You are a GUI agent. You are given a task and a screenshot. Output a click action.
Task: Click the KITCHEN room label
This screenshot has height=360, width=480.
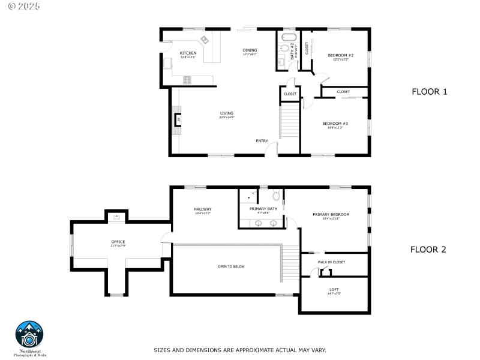tap(188, 53)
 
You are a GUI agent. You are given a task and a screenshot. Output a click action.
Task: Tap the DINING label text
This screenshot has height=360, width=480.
tap(250, 50)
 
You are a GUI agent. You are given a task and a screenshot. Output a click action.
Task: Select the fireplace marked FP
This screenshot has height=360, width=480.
tap(178, 119)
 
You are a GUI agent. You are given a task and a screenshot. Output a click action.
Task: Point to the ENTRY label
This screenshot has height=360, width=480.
tap(262, 141)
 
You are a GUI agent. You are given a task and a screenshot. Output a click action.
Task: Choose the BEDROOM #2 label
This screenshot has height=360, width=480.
tap(340, 55)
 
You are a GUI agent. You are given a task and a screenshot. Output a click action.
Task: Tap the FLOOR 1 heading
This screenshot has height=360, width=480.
tap(429, 92)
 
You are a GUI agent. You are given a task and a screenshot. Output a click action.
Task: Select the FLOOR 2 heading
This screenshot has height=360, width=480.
tap(428, 250)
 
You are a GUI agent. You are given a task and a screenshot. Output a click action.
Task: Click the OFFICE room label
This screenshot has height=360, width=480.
tap(118, 242)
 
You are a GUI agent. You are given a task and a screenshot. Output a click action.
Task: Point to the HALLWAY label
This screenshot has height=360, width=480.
tap(203, 209)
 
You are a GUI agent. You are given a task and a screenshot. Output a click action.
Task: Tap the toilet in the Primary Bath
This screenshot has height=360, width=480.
tap(276, 195)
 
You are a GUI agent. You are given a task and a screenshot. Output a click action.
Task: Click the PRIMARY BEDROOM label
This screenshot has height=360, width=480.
tap(331, 214)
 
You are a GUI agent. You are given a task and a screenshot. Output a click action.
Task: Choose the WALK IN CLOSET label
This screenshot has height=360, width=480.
tap(331, 262)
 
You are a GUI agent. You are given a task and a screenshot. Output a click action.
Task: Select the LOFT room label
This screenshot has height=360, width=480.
tap(334, 289)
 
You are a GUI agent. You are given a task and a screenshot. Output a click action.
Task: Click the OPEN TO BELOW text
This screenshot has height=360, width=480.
tap(231, 266)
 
